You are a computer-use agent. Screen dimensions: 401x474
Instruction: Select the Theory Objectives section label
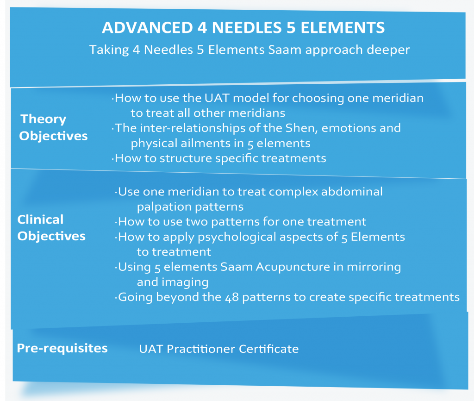pyautogui.click(x=53, y=127)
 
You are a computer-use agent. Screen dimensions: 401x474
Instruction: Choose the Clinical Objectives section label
pyautogui.click(x=51, y=228)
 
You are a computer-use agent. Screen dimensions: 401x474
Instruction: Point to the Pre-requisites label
pyautogui.click(x=62, y=348)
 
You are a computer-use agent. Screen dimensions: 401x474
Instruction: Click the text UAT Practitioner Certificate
pyautogui.click(x=218, y=349)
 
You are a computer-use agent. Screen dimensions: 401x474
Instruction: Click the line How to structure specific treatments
pyautogui.click(x=220, y=158)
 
